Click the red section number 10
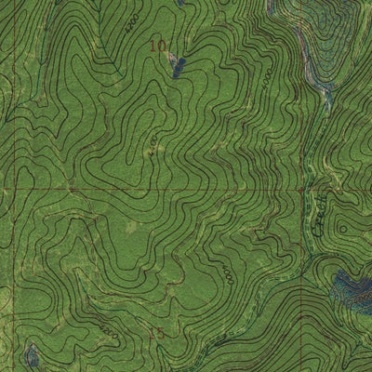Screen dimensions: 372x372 pyautogui.click(x=158, y=45)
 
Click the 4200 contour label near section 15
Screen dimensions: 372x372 pyautogui.click(x=110, y=330)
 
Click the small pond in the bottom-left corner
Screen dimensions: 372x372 pyautogui.click(x=32, y=354)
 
